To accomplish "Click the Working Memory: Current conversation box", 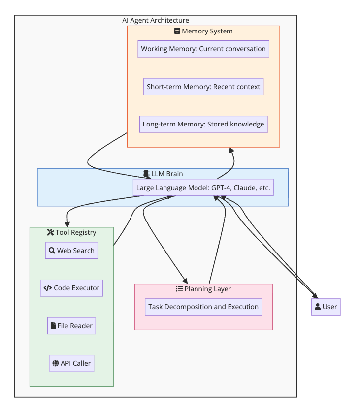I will click(x=203, y=49).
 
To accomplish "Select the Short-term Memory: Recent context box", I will click(x=203, y=87).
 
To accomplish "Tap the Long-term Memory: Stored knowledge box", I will click(x=203, y=124).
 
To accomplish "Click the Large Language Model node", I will click(x=203, y=188).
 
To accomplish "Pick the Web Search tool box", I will click(x=71, y=251).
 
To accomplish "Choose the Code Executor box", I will click(x=71, y=288).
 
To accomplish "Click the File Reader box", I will click(x=71, y=326).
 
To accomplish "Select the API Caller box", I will click(x=71, y=363).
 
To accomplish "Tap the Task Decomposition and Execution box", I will click(x=203, y=307).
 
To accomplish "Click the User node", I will click(x=326, y=307).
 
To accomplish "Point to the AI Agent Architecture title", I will click(x=156, y=20).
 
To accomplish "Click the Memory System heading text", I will click(x=207, y=31).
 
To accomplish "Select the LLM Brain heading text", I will click(x=167, y=174).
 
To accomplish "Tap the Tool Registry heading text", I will click(x=75, y=232).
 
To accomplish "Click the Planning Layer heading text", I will click(x=207, y=289).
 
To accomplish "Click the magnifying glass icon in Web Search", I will click(x=52, y=251).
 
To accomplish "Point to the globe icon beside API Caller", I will click(x=55, y=363).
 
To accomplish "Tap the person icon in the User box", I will click(x=318, y=307).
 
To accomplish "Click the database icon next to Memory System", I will click(x=177, y=31).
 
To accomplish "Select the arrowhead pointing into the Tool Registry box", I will click(x=67, y=223).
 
